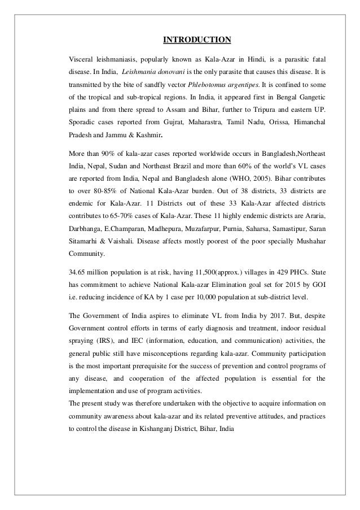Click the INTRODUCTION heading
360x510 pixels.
197,40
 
